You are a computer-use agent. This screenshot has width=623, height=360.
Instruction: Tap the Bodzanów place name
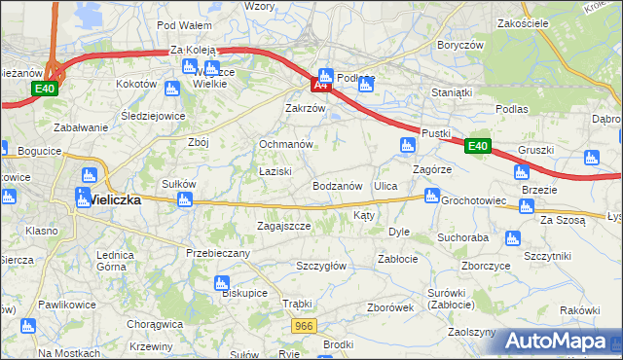click(x=338, y=185)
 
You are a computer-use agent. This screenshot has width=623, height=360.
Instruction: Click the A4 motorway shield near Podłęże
click(x=321, y=86)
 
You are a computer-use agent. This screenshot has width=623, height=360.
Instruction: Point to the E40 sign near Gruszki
click(x=477, y=147)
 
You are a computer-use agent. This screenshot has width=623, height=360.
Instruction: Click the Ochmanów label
click(x=285, y=144)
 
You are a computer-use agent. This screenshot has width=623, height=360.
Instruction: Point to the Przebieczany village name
click(x=218, y=253)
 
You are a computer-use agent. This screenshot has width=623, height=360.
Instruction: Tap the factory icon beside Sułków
click(x=184, y=200)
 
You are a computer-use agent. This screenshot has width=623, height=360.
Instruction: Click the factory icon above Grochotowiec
click(x=429, y=197)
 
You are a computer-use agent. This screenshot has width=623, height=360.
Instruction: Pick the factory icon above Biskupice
click(x=221, y=283)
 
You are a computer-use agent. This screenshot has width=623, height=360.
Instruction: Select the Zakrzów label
click(x=304, y=108)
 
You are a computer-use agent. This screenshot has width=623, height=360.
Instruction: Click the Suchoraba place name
click(x=462, y=236)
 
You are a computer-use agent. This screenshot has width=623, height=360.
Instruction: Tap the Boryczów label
click(x=460, y=45)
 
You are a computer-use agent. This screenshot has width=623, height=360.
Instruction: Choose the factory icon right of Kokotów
click(x=172, y=89)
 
